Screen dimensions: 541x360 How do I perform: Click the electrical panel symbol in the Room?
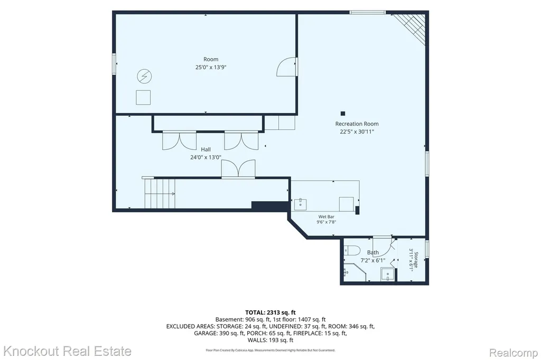click(144, 76)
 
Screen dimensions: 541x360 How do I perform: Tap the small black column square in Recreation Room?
click(342, 113)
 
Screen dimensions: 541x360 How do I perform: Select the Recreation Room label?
click(357, 124)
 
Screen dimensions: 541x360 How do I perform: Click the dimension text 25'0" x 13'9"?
click(210, 67)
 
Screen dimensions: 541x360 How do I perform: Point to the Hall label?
click(206, 149)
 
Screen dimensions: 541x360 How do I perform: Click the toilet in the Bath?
click(351, 250)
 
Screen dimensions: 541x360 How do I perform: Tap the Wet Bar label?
click(326, 217)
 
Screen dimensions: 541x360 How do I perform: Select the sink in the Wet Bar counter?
click(301, 204)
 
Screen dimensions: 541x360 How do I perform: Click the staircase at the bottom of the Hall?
click(160, 193)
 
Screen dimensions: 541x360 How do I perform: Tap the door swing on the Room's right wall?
click(286, 67)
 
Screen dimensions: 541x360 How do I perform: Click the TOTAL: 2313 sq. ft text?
click(270, 313)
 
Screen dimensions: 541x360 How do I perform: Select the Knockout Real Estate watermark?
click(67, 352)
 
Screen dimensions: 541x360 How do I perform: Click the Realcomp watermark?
click(514, 353)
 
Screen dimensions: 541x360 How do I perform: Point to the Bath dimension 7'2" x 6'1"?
click(372, 260)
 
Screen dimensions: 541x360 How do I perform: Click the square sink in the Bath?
click(387, 274)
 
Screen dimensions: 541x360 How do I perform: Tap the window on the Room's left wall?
click(114, 64)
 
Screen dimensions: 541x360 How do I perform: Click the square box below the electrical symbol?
click(143, 97)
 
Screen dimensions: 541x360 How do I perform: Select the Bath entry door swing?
click(383, 246)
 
